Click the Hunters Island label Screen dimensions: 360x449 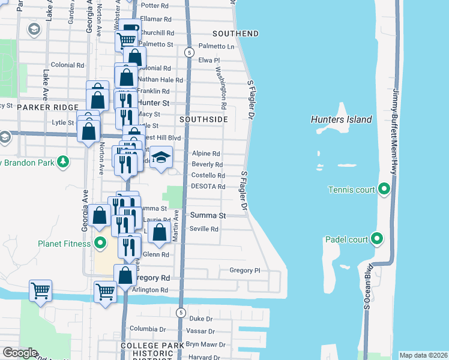pos(341,119)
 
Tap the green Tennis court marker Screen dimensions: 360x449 pos(384,190)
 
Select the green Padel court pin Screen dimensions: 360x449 pos(377,239)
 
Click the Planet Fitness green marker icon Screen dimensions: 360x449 pos(100,244)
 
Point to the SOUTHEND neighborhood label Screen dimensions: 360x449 pos(235,33)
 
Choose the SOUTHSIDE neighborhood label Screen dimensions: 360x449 pos(203,119)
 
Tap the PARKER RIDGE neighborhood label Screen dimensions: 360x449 pos(44,107)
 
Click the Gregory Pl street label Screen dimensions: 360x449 pos(244,271)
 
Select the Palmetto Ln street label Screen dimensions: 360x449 pos(216,46)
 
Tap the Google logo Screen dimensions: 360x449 pos(19,353)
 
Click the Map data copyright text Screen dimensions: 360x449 pos(423,355)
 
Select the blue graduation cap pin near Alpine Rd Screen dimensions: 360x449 pos(160,157)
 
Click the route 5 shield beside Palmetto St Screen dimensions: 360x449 pos(189,53)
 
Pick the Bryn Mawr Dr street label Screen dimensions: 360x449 pos(205,345)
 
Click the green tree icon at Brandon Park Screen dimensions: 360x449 pos(62,161)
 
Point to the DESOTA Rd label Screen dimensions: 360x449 pos(208,187)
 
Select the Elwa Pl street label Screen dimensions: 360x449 pos(209,61)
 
